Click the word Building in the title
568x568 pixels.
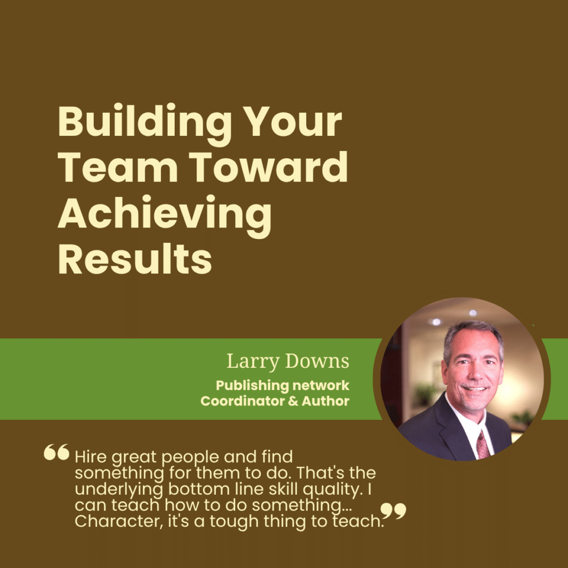(145, 123)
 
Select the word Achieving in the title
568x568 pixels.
(164, 216)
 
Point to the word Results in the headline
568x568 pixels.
(135, 258)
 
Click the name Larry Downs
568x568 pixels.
(288, 362)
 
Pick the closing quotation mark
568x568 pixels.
(393, 511)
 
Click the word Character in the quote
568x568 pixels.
(119, 521)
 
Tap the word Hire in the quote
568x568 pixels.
(90, 457)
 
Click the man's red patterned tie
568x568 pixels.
(483, 444)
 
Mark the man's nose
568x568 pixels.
(475, 374)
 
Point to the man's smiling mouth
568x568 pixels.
(474, 389)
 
